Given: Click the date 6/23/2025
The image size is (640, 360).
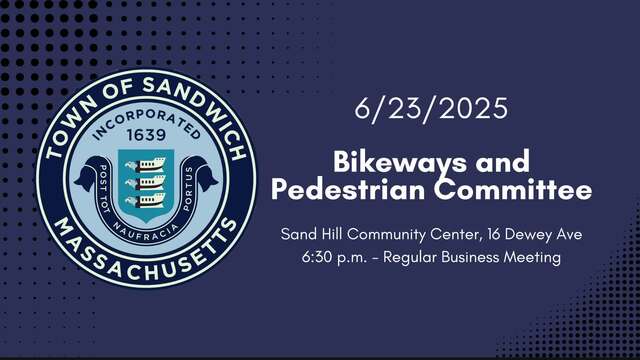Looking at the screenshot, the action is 431,109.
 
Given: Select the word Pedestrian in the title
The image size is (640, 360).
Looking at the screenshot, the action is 348,191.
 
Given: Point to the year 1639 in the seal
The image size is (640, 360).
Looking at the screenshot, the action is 146,135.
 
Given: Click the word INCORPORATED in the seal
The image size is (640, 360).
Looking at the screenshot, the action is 146,123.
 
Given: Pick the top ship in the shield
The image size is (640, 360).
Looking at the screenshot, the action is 146,164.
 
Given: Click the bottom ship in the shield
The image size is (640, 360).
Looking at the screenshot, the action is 146,200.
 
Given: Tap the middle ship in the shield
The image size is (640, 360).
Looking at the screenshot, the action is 146,182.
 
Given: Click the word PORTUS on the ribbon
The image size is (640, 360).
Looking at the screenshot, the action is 188,189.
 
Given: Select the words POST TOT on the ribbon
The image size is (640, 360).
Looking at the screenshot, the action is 104,189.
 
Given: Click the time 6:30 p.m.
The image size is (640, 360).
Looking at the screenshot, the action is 334,258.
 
